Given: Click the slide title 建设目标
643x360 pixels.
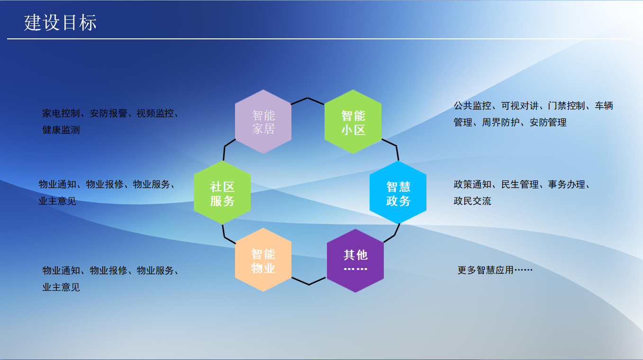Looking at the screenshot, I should [61, 22].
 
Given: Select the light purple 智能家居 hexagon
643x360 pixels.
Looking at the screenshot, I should [263, 122].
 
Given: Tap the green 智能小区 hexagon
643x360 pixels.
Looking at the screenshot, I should [353, 122].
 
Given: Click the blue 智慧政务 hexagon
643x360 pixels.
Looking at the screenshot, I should [398, 193].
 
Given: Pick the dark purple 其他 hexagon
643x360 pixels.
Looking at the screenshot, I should [355, 261].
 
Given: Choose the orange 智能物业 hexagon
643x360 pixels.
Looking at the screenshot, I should [263, 261].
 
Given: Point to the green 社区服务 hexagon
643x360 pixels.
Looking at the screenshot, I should [222, 193].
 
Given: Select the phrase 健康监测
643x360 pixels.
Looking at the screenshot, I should [61, 130].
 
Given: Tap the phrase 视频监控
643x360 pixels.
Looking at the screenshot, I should [155, 114].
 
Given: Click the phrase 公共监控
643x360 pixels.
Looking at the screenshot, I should [472, 106].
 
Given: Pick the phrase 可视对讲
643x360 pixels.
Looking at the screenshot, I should [519, 106].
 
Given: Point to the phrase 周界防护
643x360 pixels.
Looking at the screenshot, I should [500, 122].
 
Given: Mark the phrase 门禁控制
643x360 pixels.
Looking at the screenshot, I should [566, 106].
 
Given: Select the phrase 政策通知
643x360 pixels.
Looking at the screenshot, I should [472, 184].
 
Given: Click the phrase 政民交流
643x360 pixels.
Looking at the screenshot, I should [472, 201].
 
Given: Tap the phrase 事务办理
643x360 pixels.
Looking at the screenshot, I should [567, 184].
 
